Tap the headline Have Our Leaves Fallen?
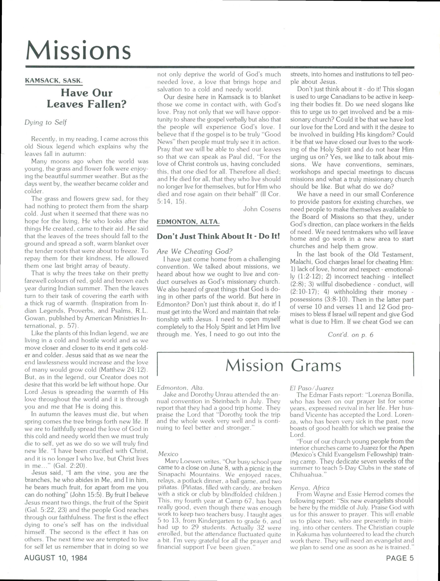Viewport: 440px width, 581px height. point(86,98)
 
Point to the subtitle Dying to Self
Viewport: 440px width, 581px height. point(45,122)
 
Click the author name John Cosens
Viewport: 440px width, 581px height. point(262,209)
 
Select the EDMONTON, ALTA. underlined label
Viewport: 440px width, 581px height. point(188,222)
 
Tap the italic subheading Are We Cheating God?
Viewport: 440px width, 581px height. point(195,251)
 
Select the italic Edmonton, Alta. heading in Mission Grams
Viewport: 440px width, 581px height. point(180,388)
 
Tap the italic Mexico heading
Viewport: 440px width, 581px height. point(168,454)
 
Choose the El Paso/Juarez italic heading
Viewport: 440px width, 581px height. point(312,388)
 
